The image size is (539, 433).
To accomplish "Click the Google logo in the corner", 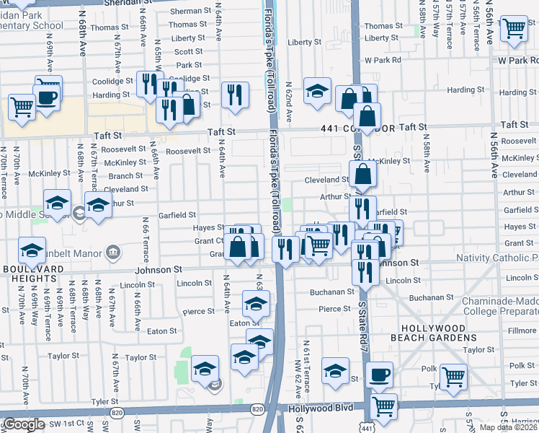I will pyautogui.click(x=23, y=425).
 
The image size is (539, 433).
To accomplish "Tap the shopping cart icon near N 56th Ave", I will pyautogui.click(x=514, y=30).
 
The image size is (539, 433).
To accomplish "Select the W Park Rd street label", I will pyautogui.click(x=382, y=60).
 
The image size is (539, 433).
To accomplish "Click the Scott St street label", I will pyautogui.click(x=189, y=52).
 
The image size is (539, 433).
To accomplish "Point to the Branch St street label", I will pyautogui.click(x=125, y=176).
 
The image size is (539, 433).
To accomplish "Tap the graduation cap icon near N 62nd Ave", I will pyautogui.click(x=317, y=92).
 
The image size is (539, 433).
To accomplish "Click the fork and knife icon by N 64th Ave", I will pyautogui.click(x=235, y=95).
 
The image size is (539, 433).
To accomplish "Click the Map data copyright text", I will pyautogui.click(x=509, y=427).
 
